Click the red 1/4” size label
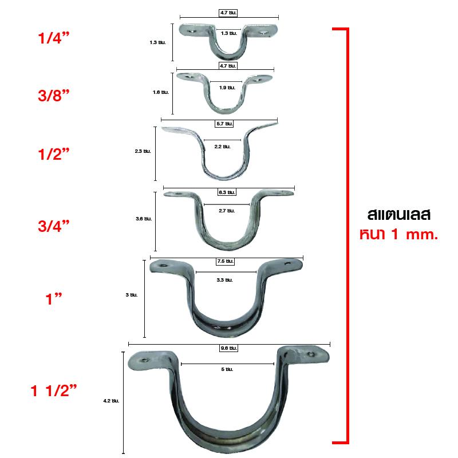pyautogui.click(x=54, y=38)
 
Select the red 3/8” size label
pyautogui.click(x=54, y=96)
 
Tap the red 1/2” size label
pyautogui.click(x=54, y=154)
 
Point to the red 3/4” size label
pyautogui.click(x=54, y=226)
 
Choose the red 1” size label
pyautogui.click(x=54, y=299)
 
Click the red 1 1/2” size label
pyautogui.click(x=54, y=390)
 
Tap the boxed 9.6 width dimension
pyautogui.click(x=228, y=348)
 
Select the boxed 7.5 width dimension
pyautogui.click(x=225, y=261)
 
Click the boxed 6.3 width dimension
pyautogui.click(x=227, y=192)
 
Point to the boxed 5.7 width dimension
pyautogui.click(x=224, y=124)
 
